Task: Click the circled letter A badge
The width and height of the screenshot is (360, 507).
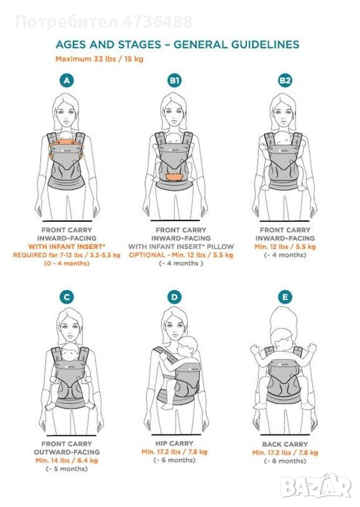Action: (67, 81)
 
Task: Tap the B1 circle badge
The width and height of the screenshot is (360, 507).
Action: (174, 81)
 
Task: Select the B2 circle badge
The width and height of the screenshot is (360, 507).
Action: (285, 81)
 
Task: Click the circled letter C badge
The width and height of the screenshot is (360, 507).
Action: (67, 297)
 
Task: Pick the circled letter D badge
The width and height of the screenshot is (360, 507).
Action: (174, 297)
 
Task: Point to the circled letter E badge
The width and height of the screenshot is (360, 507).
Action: (285, 297)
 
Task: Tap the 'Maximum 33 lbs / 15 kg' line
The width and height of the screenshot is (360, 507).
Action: (99, 59)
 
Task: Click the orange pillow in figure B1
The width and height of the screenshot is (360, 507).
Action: (174, 177)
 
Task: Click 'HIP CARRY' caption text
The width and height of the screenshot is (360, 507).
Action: (174, 443)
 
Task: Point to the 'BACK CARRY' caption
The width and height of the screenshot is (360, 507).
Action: (285, 445)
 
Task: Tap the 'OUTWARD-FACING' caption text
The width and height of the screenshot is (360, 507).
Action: (67, 452)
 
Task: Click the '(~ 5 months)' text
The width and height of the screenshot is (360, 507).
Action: (67, 469)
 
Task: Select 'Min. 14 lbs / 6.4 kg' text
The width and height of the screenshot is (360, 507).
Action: (67, 460)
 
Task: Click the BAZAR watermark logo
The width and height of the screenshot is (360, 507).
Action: (316, 486)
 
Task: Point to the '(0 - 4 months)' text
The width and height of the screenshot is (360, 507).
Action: (67, 263)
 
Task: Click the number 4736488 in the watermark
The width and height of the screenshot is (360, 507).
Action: (157, 22)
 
